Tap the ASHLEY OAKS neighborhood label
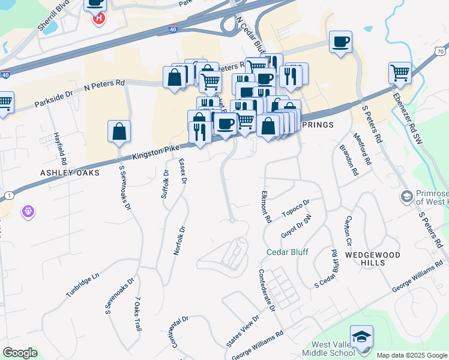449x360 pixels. [64, 172]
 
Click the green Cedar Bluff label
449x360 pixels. [288, 252]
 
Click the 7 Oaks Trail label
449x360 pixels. [137, 314]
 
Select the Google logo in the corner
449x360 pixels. [20, 353]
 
